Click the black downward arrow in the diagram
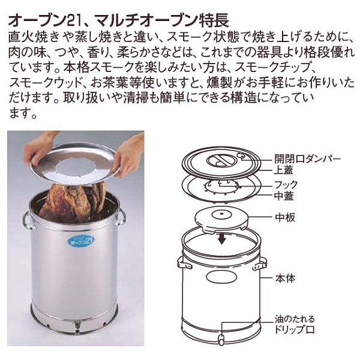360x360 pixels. tap(222, 239)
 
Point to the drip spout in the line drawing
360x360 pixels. tap(221, 340)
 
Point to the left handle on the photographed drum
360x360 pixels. tap(29, 220)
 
